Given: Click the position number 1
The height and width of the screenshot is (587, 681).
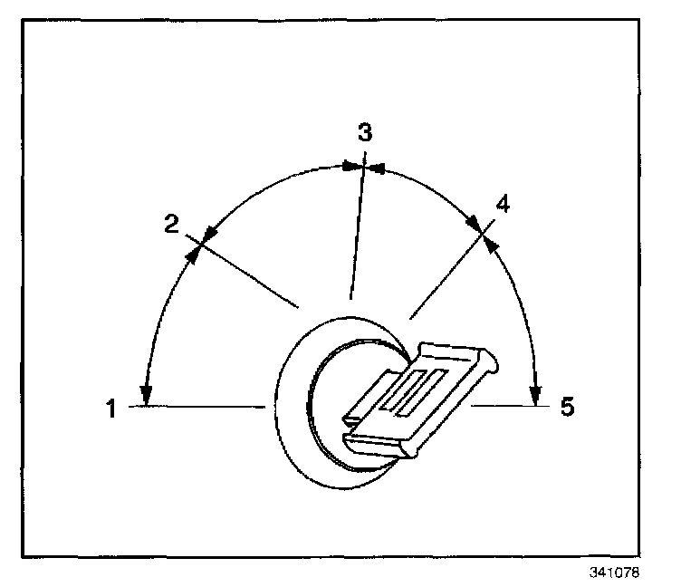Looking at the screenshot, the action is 111,409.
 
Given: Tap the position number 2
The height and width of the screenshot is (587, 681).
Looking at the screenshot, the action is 171,224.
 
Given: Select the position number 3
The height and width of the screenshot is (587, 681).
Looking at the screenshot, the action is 364,133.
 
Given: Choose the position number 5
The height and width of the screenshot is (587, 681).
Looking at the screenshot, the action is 567,407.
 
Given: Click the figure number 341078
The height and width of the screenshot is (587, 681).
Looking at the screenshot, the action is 618,573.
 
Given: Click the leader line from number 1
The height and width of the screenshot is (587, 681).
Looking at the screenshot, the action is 195,408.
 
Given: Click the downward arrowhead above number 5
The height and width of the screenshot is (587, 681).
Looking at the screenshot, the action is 536,391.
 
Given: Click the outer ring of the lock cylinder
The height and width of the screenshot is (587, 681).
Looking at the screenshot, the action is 288,408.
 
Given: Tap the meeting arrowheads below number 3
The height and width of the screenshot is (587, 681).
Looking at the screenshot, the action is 362,167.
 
